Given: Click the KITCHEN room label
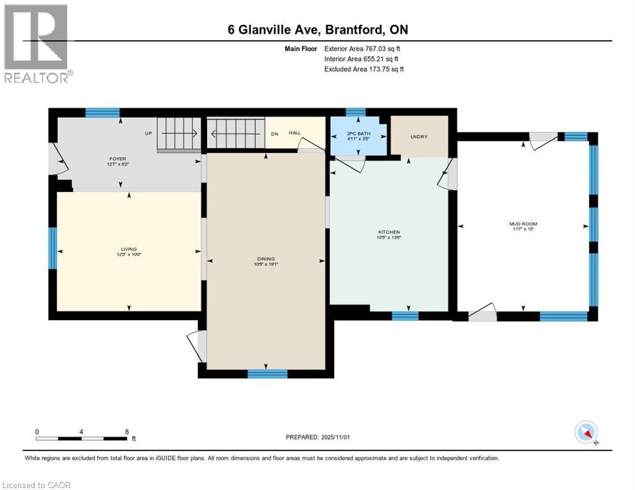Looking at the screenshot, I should [388, 232].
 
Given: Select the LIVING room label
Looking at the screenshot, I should [129, 249].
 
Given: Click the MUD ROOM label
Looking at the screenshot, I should [523, 224].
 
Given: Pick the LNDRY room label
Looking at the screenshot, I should [418, 136].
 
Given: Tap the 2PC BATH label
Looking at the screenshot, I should [358, 133].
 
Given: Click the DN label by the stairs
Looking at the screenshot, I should [275, 133].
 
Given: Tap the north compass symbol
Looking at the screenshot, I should [586, 433].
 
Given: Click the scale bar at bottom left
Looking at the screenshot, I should [81, 438].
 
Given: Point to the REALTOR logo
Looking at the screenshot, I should [36, 43].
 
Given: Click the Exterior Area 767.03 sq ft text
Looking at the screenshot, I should [362, 48].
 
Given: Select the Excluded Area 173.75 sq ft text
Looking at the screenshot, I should [364, 69].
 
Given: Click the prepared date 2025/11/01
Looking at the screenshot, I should [319, 437].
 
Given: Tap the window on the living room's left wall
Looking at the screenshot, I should [53, 248].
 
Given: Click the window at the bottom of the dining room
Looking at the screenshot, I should [267, 374].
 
